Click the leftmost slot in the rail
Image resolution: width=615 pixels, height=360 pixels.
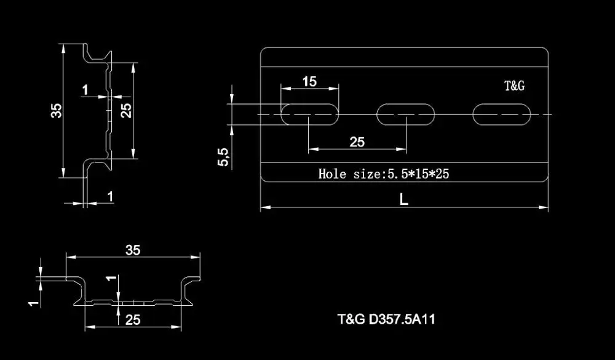[310, 114]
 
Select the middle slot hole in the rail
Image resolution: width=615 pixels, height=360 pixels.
[406, 114]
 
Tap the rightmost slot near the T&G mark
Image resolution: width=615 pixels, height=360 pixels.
[502, 114]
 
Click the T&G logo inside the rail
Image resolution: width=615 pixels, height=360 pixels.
[514, 86]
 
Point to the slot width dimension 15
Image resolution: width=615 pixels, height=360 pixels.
[309, 81]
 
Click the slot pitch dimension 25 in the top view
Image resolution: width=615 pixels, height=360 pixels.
[357, 142]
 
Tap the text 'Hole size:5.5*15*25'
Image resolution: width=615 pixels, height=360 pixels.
[384, 174]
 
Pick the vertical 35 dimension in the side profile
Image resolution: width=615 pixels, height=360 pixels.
[56, 111]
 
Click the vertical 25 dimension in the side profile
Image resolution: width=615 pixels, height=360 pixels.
[125, 111]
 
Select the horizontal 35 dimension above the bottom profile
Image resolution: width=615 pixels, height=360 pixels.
[133, 250]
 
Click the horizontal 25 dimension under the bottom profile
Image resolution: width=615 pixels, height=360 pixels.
[133, 319]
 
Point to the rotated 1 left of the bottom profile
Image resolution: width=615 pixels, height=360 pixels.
[35, 301]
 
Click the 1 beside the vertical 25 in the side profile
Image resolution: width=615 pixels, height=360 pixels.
[85, 90]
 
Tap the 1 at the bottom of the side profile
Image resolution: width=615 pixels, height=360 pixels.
[110, 196]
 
